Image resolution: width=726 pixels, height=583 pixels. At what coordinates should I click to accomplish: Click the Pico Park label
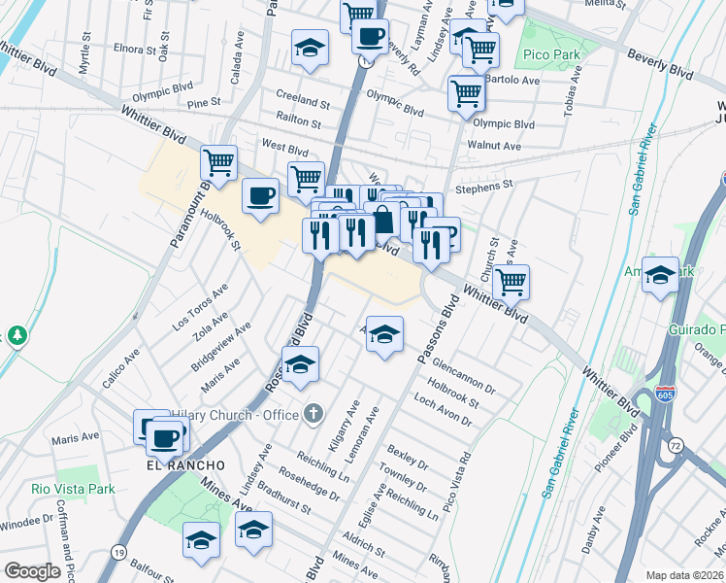coord(552,55)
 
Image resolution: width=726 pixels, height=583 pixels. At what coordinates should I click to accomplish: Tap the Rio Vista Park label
coord(73,489)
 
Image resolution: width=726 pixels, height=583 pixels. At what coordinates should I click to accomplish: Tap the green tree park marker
coord(16,336)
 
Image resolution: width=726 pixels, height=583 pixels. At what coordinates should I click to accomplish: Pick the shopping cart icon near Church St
coord(511,283)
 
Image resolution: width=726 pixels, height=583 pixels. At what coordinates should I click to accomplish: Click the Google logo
coord(33,571)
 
